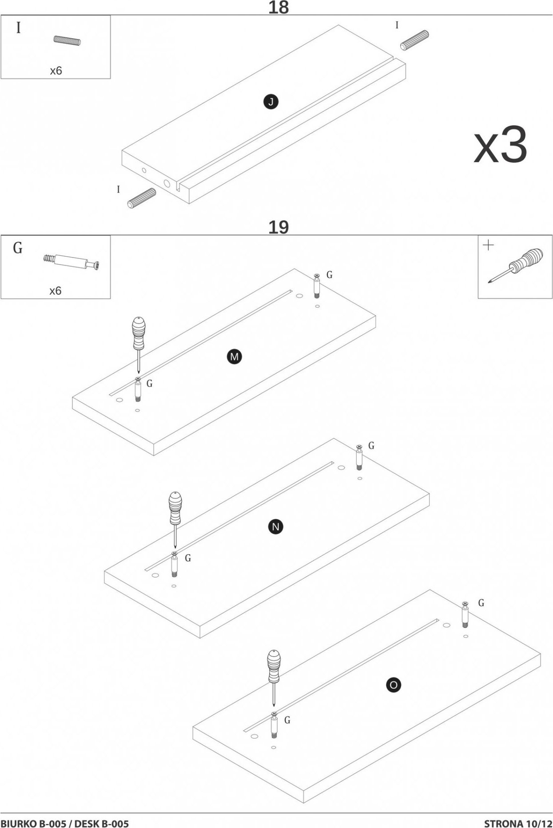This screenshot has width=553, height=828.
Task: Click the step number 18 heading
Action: [278, 8]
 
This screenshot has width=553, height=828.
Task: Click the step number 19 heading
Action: [278, 227]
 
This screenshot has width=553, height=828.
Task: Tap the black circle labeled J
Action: [271, 102]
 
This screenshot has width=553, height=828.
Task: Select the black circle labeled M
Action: [235, 357]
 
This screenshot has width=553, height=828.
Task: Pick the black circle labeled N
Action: [276, 527]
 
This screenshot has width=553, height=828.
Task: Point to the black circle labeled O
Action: [393, 685]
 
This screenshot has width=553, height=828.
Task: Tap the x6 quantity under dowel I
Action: [56, 71]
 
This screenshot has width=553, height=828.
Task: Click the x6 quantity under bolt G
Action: [56, 291]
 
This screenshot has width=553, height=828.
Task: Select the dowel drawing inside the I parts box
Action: [68, 41]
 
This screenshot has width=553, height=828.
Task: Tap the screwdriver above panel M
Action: [138, 342]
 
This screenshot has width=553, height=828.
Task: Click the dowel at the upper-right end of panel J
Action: [414, 40]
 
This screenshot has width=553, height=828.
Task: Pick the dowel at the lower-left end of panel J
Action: [142, 198]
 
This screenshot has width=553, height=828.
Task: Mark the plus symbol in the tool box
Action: [488, 245]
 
